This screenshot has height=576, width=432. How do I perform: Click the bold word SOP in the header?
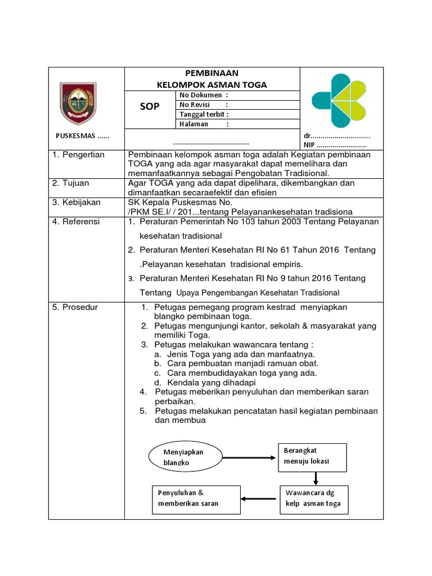point(150,107)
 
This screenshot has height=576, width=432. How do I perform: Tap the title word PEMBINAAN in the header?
point(211,73)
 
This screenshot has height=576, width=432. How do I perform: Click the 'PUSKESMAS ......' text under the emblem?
point(83,137)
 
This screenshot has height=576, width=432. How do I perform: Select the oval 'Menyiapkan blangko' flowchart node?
point(183,457)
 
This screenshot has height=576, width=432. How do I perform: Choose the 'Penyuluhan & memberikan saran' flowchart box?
point(191,498)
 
